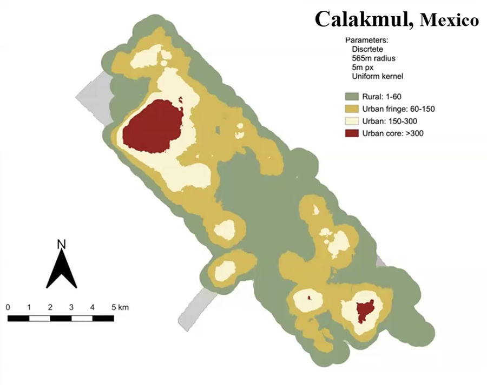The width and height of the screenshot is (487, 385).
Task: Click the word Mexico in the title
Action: (x=449, y=21)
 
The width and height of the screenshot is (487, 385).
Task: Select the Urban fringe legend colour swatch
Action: (x=353, y=109)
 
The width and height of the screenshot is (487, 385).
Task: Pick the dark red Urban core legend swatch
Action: (x=353, y=133)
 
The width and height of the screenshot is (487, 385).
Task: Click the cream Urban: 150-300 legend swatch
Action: (x=353, y=121)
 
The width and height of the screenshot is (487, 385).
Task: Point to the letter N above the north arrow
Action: (x=61, y=244)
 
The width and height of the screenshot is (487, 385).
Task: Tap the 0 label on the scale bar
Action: (x=8, y=307)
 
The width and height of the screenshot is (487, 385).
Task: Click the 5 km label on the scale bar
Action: (x=119, y=307)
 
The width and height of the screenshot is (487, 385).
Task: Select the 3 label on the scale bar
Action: (x=71, y=307)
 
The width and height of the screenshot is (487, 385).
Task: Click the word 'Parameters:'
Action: (x=366, y=40)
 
